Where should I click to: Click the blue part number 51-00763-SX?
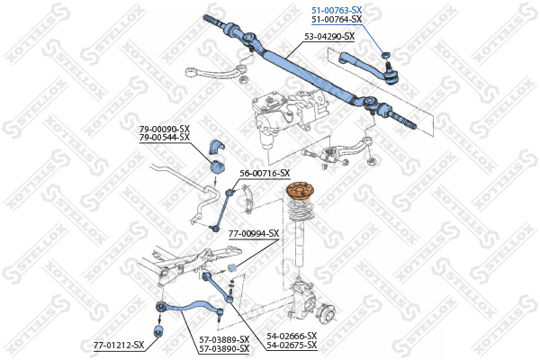point(337,11)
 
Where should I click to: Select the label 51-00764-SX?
point(337,20)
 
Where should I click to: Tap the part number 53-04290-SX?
point(329,37)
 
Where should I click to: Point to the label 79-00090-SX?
point(165,130)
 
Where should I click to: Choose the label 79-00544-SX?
point(165,138)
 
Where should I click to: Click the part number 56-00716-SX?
point(265,174)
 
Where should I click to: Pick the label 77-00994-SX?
point(254,234)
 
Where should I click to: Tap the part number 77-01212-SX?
point(119,345)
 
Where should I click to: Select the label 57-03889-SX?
point(224,340)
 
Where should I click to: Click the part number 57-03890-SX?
point(224,349)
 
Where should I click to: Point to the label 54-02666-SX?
point(292,336)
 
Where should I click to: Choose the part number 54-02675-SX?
point(292,345)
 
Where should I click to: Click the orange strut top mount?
point(301,192)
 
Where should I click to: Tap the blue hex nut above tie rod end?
point(386,54)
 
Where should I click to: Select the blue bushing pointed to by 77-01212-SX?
point(158,330)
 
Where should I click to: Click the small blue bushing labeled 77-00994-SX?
point(232,267)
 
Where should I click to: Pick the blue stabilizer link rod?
point(222,210)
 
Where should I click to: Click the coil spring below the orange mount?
point(301,211)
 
